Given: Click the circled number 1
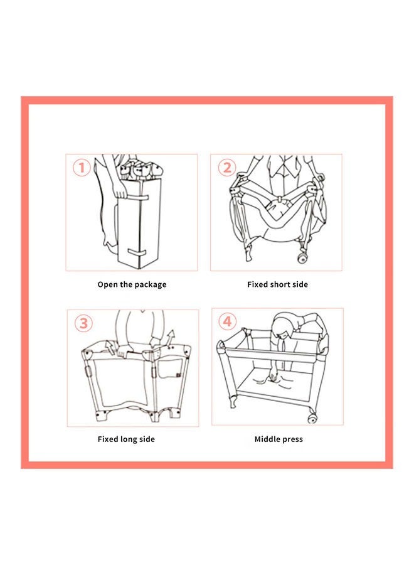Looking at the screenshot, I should click(x=82, y=168).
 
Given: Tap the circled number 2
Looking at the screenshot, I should click(x=226, y=168).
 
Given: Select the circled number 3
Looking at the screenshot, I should click(x=83, y=323).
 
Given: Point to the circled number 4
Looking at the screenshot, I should click(x=228, y=322).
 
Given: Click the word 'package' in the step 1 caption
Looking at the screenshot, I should click(x=149, y=285).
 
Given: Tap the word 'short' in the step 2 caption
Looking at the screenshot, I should click(x=280, y=284).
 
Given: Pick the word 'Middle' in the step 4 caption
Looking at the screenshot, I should click(x=268, y=439).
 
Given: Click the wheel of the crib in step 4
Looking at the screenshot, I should click(x=311, y=414).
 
